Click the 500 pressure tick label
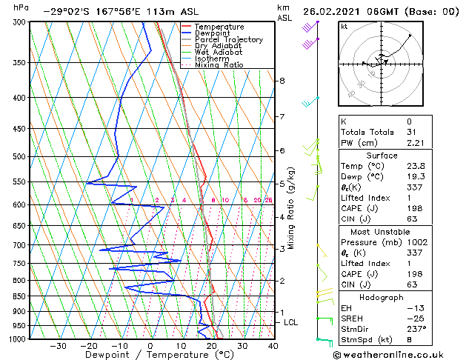[x=19, y=157]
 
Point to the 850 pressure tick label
[x=19, y=296]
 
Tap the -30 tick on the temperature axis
[x=58, y=346]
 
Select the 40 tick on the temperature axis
[x=273, y=346]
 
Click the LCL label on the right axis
[x=291, y=323]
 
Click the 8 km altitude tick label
[x=282, y=81]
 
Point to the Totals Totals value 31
[x=413, y=132]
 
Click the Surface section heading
[x=392, y=156]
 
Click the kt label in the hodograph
[x=344, y=26]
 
